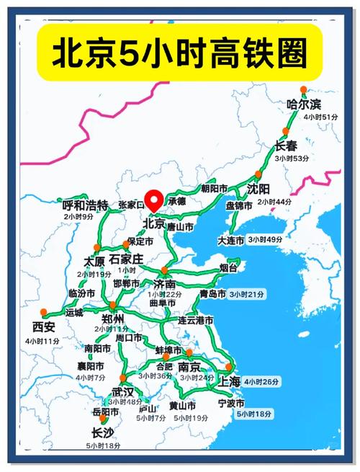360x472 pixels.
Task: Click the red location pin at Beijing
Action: pos(153,200)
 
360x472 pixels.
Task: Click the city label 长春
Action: pos(286,146)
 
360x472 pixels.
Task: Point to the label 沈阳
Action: pos(258,190)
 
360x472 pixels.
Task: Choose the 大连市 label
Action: pos(232,240)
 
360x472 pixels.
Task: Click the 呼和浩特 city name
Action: pos(85,205)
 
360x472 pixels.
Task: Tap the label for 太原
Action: pos(94,261)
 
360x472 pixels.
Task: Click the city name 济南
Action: pos(166,284)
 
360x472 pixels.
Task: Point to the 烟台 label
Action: pos(228,267)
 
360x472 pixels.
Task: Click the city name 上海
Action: pos(229,381)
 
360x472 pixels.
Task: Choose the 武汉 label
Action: pos(122,393)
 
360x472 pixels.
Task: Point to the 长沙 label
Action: pos(102,432)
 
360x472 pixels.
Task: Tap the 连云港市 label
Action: pos(196,320)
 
